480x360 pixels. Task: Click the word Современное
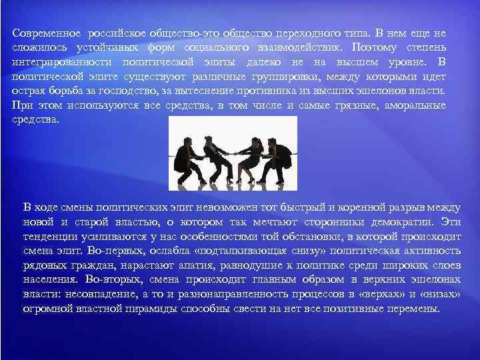[45, 33]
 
